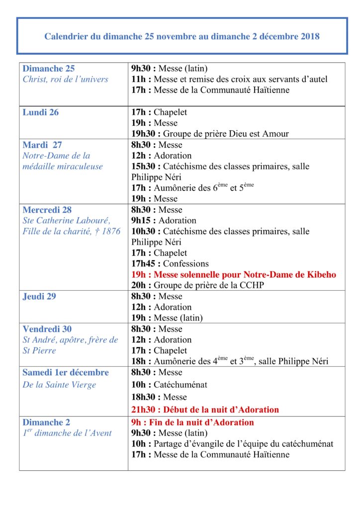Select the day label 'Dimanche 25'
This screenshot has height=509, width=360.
pyautogui.click(x=49, y=69)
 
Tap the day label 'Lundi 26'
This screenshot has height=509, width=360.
pyautogui.click(x=41, y=112)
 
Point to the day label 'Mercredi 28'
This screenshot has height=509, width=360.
pyautogui.click(x=47, y=210)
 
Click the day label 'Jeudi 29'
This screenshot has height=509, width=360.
pyautogui.click(x=39, y=297)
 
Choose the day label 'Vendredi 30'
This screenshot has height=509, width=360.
pyautogui.click(x=47, y=329)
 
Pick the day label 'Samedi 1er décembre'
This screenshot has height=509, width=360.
pyautogui.click(x=66, y=372)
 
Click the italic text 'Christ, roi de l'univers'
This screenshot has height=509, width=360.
pyautogui.click(x=65, y=80)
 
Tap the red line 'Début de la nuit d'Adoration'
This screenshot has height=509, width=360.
pyautogui.click(x=205, y=410)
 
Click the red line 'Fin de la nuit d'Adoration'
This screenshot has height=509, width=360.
pyautogui.click(x=192, y=423)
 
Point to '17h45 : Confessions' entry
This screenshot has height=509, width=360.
pyautogui.click(x=170, y=264)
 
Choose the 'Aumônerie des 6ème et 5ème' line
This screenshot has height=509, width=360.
pyautogui.click(x=193, y=188)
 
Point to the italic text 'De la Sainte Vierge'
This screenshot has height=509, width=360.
pyautogui.click(x=59, y=385)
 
